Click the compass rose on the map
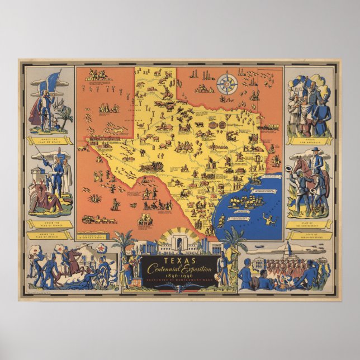(x=227, y=84)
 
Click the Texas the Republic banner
(x=309, y=140)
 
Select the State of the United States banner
(x=309, y=235)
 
